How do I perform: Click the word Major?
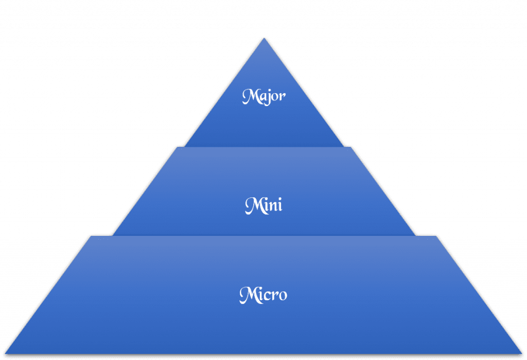(263, 97)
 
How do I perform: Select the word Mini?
(263, 205)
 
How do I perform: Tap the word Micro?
(263, 295)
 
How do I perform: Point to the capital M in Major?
(249, 96)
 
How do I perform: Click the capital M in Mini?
(251, 205)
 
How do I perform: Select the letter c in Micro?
(266, 296)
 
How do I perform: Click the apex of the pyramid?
(264, 38)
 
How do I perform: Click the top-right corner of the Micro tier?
(436, 235)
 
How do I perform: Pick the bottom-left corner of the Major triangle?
(185, 146)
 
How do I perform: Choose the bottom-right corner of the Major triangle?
(343, 146)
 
